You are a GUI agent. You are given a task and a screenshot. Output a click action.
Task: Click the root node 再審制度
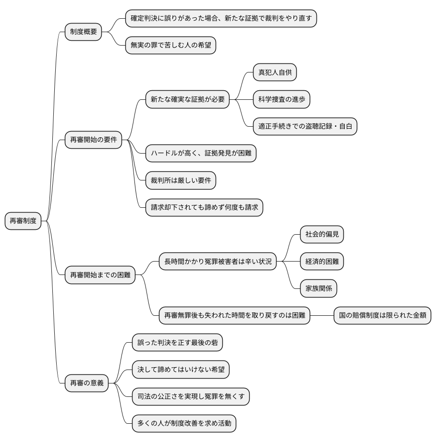point(23,221)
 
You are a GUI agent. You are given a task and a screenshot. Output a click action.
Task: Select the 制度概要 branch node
point(84,32)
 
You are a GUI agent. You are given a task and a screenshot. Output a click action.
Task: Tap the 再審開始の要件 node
point(93,140)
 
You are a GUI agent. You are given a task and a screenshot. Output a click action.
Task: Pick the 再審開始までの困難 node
point(100,275)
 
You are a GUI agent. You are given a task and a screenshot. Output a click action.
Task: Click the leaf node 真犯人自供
point(275,72)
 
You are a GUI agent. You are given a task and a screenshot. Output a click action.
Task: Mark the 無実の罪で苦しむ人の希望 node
point(170,46)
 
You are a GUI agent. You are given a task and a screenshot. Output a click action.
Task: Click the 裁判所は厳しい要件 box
point(181,180)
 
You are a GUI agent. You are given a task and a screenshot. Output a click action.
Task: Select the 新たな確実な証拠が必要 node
point(187,99)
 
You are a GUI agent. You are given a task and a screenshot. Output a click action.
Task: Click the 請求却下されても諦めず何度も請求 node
point(204,207)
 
